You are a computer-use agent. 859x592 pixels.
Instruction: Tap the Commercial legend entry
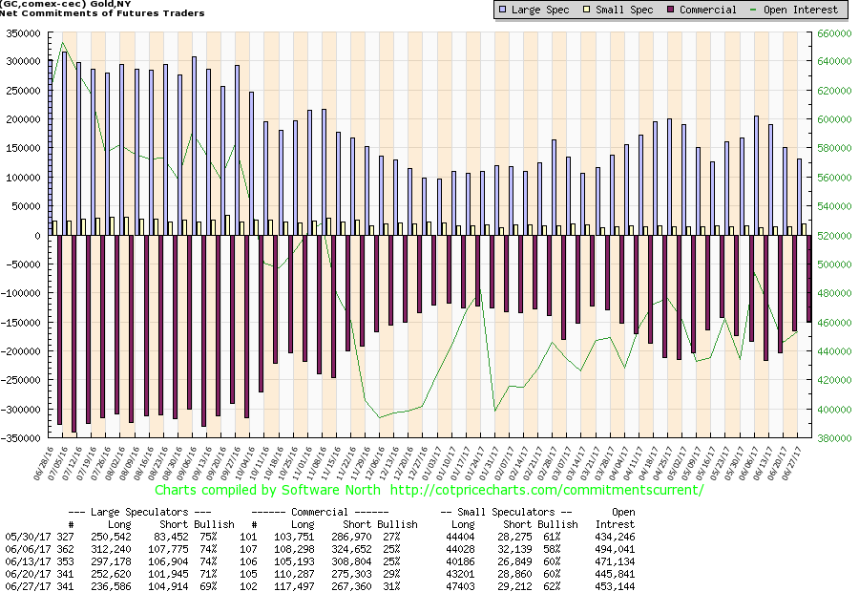tap(702, 10)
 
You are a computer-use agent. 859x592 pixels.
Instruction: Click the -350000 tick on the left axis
tap(21, 438)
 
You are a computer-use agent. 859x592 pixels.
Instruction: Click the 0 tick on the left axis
tap(38, 235)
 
